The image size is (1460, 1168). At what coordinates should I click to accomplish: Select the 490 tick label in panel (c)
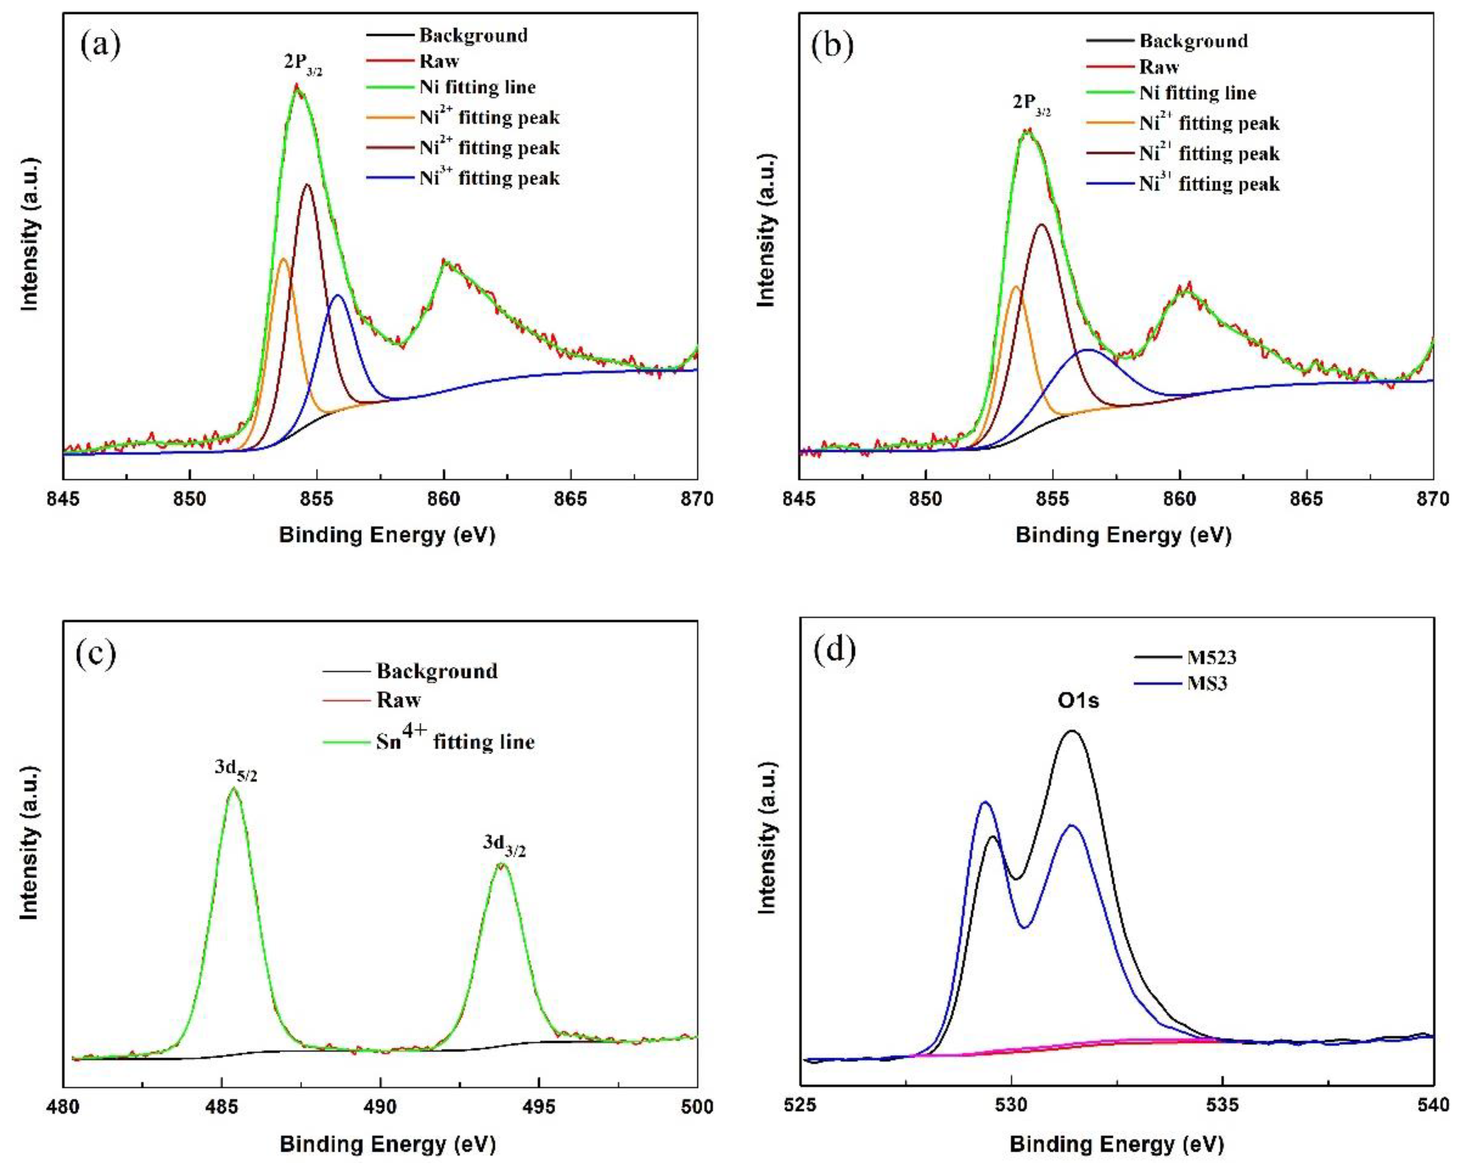[x=380, y=1107]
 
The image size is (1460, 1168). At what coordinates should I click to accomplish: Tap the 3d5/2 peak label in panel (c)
[x=236, y=770]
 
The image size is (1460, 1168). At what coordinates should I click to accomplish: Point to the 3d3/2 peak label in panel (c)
[x=504, y=846]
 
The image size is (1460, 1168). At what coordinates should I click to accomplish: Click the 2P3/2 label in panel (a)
[x=303, y=64]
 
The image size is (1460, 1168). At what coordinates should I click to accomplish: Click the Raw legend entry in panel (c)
[x=398, y=700]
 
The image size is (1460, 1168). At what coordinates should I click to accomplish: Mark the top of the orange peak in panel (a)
[x=283, y=259]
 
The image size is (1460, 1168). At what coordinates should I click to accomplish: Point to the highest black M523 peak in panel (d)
[x=1072, y=731]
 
